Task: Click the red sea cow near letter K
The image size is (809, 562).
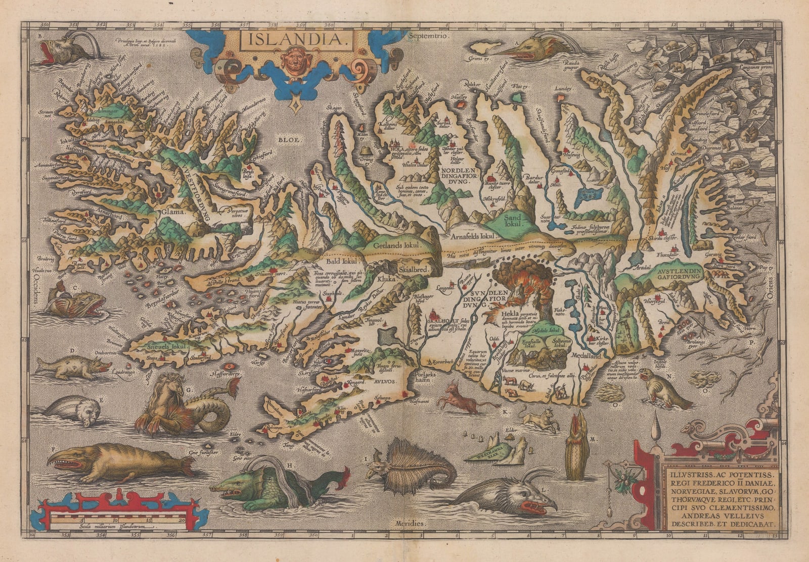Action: click(x=463, y=399)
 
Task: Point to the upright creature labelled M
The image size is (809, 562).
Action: click(x=575, y=449)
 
